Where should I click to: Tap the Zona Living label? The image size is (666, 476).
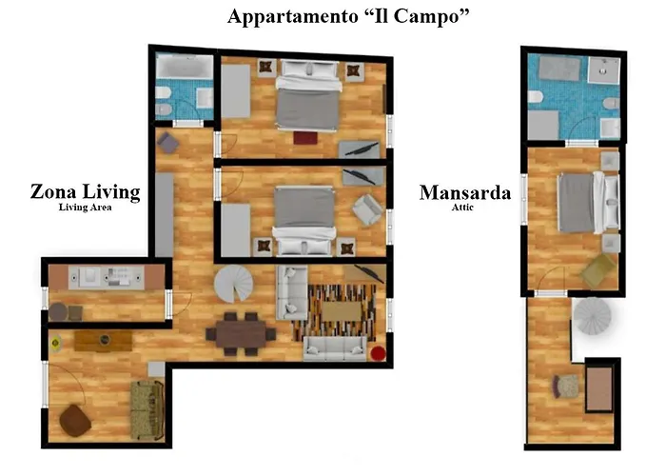point(85,192)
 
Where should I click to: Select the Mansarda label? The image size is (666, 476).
point(465,192)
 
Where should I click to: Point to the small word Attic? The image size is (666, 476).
point(465,208)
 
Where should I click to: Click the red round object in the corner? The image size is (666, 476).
point(379,355)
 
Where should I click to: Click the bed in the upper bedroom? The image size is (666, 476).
point(308,99)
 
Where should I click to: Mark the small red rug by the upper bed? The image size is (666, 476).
point(305,139)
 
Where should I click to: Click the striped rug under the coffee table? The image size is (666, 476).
point(328,310)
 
